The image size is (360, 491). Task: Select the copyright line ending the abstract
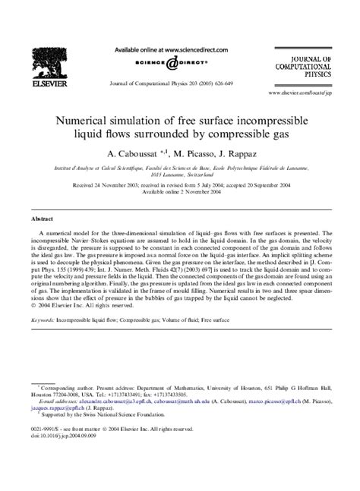pos(82,307)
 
